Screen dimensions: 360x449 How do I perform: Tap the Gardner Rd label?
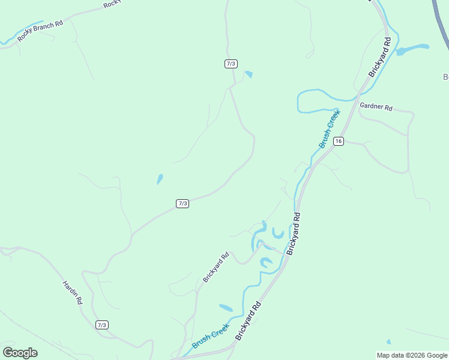(376, 107)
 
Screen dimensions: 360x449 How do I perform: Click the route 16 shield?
(339, 141)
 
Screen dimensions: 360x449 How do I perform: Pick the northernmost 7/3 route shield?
(231, 64)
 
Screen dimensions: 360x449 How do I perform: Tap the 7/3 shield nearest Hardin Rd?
(101, 325)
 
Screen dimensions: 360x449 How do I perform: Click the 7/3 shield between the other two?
(182, 203)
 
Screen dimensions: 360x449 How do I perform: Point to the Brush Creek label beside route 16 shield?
(329, 128)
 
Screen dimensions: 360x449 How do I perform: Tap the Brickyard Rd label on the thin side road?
(215, 267)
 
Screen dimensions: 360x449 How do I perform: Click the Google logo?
(20, 353)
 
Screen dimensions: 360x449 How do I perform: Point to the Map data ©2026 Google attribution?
(412, 355)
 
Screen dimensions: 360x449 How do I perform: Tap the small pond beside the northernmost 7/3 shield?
(249, 74)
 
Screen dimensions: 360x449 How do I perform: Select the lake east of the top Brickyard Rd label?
(413, 49)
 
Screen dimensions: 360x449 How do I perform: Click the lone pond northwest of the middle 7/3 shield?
(160, 179)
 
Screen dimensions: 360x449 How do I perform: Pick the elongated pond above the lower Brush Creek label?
(226, 308)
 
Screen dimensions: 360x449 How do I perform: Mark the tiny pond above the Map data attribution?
(388, 342)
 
